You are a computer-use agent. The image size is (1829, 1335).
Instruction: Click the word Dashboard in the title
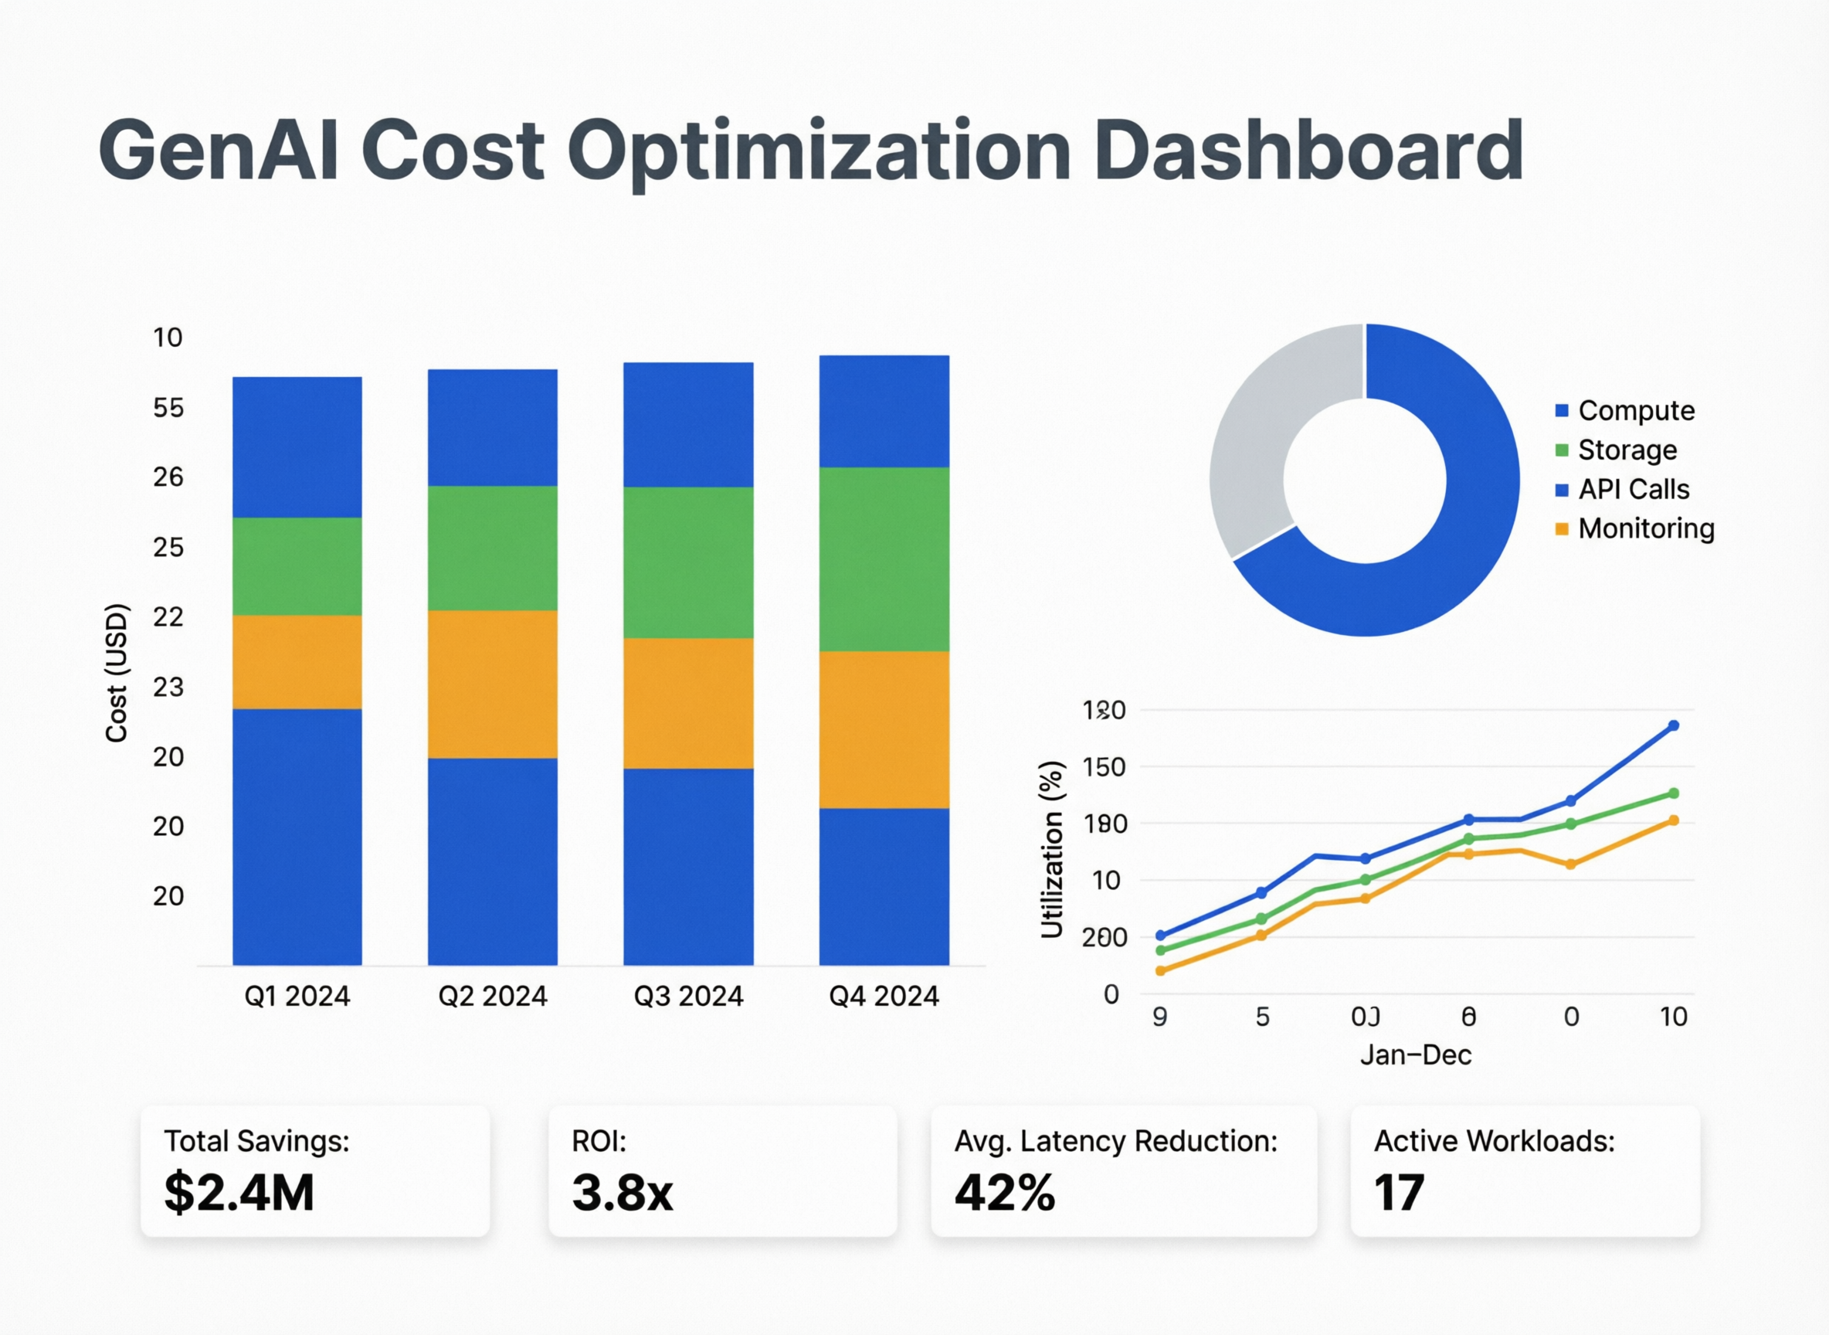(x=1308, y=151)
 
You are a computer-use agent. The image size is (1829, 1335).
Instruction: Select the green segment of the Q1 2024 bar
(x=297, y=566)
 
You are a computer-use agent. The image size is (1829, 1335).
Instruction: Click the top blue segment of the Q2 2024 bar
(x=492, y=426)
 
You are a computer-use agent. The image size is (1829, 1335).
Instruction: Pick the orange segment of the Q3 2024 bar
(x=688, y=702)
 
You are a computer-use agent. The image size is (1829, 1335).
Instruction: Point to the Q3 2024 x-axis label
(x=688, y=996)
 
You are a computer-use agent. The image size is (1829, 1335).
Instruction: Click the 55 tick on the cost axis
(x=168, y=407)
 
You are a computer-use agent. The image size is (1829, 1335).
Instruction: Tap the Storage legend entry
(x=1626, y=450)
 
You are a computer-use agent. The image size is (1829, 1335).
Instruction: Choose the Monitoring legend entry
(x=1646, y=528)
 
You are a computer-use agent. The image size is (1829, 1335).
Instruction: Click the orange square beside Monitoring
(x=1562, y=528)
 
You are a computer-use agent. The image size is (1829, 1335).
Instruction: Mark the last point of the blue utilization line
(x=1673, y=725)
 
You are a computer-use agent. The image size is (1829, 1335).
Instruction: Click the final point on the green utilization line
(x=1673, y=793)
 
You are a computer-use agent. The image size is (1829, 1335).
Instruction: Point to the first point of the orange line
(x=1160, y=970)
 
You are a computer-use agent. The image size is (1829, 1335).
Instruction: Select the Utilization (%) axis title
(x=1051, y=849)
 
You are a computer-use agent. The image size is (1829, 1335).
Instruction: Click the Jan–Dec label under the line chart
(x=1415, y=1055)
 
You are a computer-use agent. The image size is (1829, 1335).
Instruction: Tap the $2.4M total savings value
(x=239, y=1193)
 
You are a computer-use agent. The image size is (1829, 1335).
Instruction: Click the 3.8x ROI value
(x=622, y=1193)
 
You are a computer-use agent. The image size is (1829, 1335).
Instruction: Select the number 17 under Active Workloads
(x=1400, y=1193)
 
